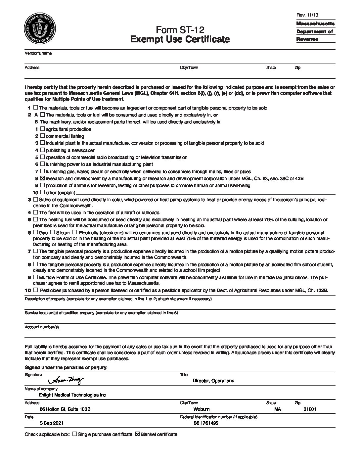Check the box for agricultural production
43,129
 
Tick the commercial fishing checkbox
43,136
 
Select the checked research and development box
43,178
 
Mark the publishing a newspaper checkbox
43,150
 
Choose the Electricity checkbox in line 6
75,233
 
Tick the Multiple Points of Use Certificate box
36,277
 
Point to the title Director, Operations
213,381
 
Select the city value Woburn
202,409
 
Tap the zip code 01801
310,409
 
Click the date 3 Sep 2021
52,423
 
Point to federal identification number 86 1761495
206,423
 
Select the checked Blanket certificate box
137,434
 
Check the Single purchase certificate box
74,434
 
